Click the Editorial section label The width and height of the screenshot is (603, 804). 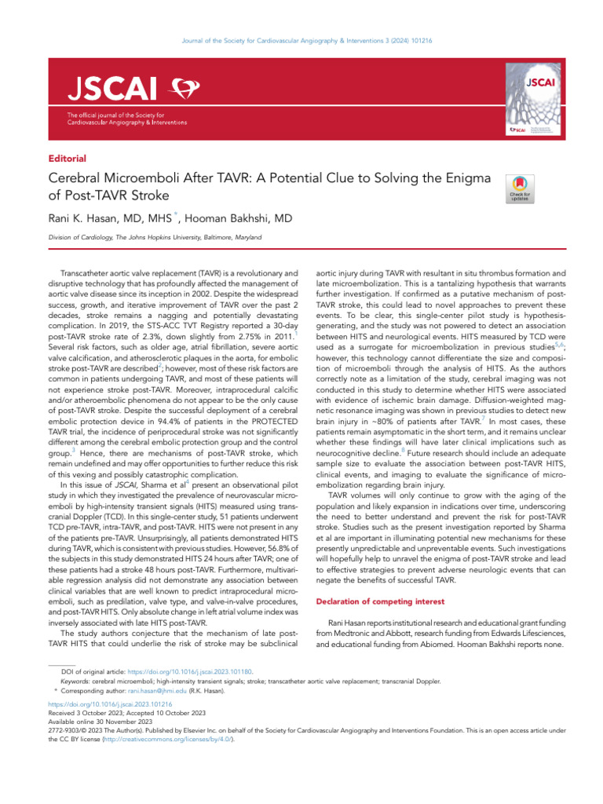pyautogui.click(x=67, y=158)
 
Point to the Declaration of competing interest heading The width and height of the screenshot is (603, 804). pyautogui.click(x=379, y=601)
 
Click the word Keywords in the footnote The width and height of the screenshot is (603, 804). pyautogui.click(x=75, y=682)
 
